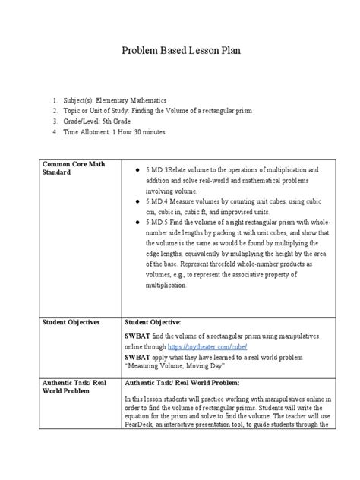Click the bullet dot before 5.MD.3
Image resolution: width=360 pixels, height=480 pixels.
point(134,169)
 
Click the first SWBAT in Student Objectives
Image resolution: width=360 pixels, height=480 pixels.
point(137,335)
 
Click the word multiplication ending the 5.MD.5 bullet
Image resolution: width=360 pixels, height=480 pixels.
point(159,286)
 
